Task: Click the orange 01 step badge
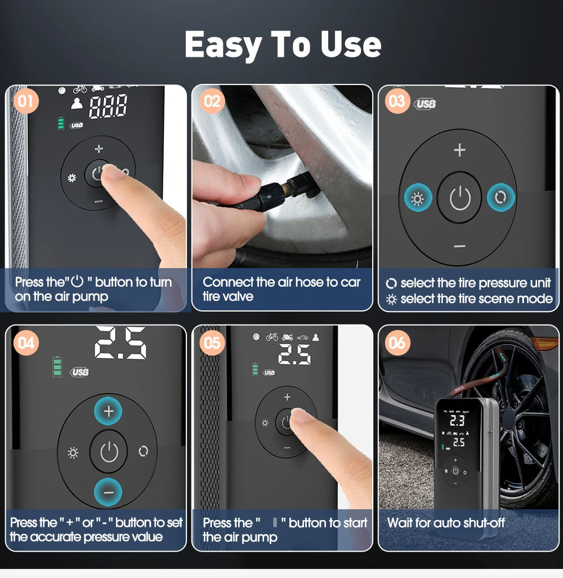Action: (25, 101)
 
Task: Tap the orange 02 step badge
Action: (212, 101)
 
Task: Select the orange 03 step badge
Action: (397, 101)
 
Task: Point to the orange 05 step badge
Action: (212, 342)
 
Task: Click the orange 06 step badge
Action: (397, 342)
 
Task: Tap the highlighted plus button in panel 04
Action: (109, 412)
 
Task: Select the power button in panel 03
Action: (460, 198)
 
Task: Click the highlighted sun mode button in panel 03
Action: (418, 198)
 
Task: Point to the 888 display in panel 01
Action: (108, 106)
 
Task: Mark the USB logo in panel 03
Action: (426, 104)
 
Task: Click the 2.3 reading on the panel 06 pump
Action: (457, 420)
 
